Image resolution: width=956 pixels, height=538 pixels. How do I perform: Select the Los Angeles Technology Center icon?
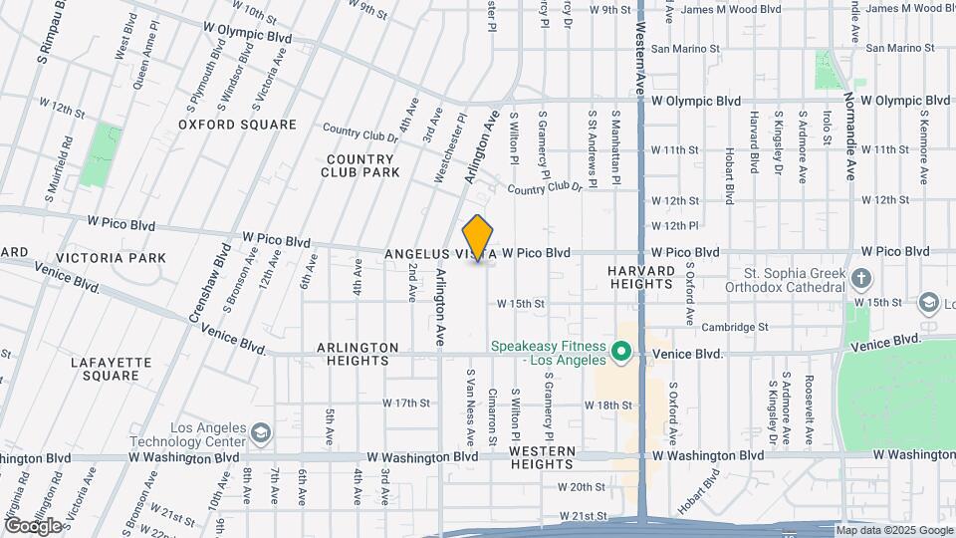tap(261, 432)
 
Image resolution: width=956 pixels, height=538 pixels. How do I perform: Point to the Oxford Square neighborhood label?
tap(237, 125)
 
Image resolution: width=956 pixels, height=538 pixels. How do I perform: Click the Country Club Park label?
tap(360, 165)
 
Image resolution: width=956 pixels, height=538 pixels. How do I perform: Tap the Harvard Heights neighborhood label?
tap(643, 276)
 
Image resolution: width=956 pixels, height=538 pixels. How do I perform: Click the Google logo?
tap(33, 525)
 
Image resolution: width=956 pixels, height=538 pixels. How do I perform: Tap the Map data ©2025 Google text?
tap(894, 530)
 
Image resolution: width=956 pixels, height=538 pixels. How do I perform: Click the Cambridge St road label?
tap(735, 326)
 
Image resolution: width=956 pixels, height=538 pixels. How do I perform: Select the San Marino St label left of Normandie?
tap(684, 48)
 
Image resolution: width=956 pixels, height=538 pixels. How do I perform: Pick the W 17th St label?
tap(406, 403)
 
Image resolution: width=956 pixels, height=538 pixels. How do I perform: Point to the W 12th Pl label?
tap(676, 226)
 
